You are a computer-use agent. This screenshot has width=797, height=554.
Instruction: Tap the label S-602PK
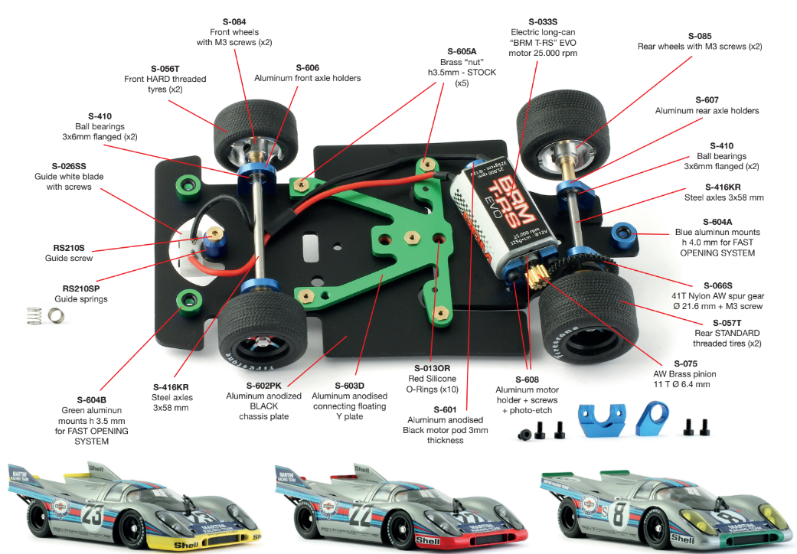tap(263, 385)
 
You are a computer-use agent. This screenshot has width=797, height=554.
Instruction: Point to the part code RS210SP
tap(85, 288)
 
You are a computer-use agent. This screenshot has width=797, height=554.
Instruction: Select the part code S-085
tap(700, 35)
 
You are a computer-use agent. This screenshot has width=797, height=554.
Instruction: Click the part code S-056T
tap(165, 68)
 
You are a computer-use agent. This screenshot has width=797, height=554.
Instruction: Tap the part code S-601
tap(445, 409)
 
